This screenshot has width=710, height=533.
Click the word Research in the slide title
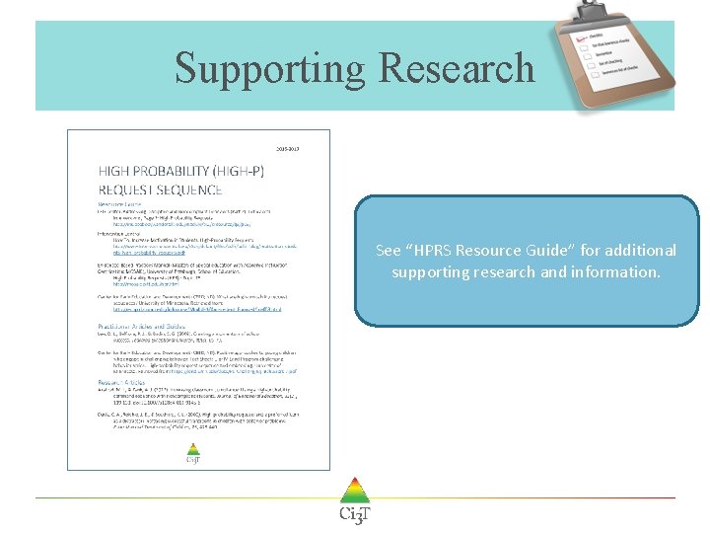(x=456, y=68)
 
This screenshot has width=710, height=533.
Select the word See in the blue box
(x=389, y=251)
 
